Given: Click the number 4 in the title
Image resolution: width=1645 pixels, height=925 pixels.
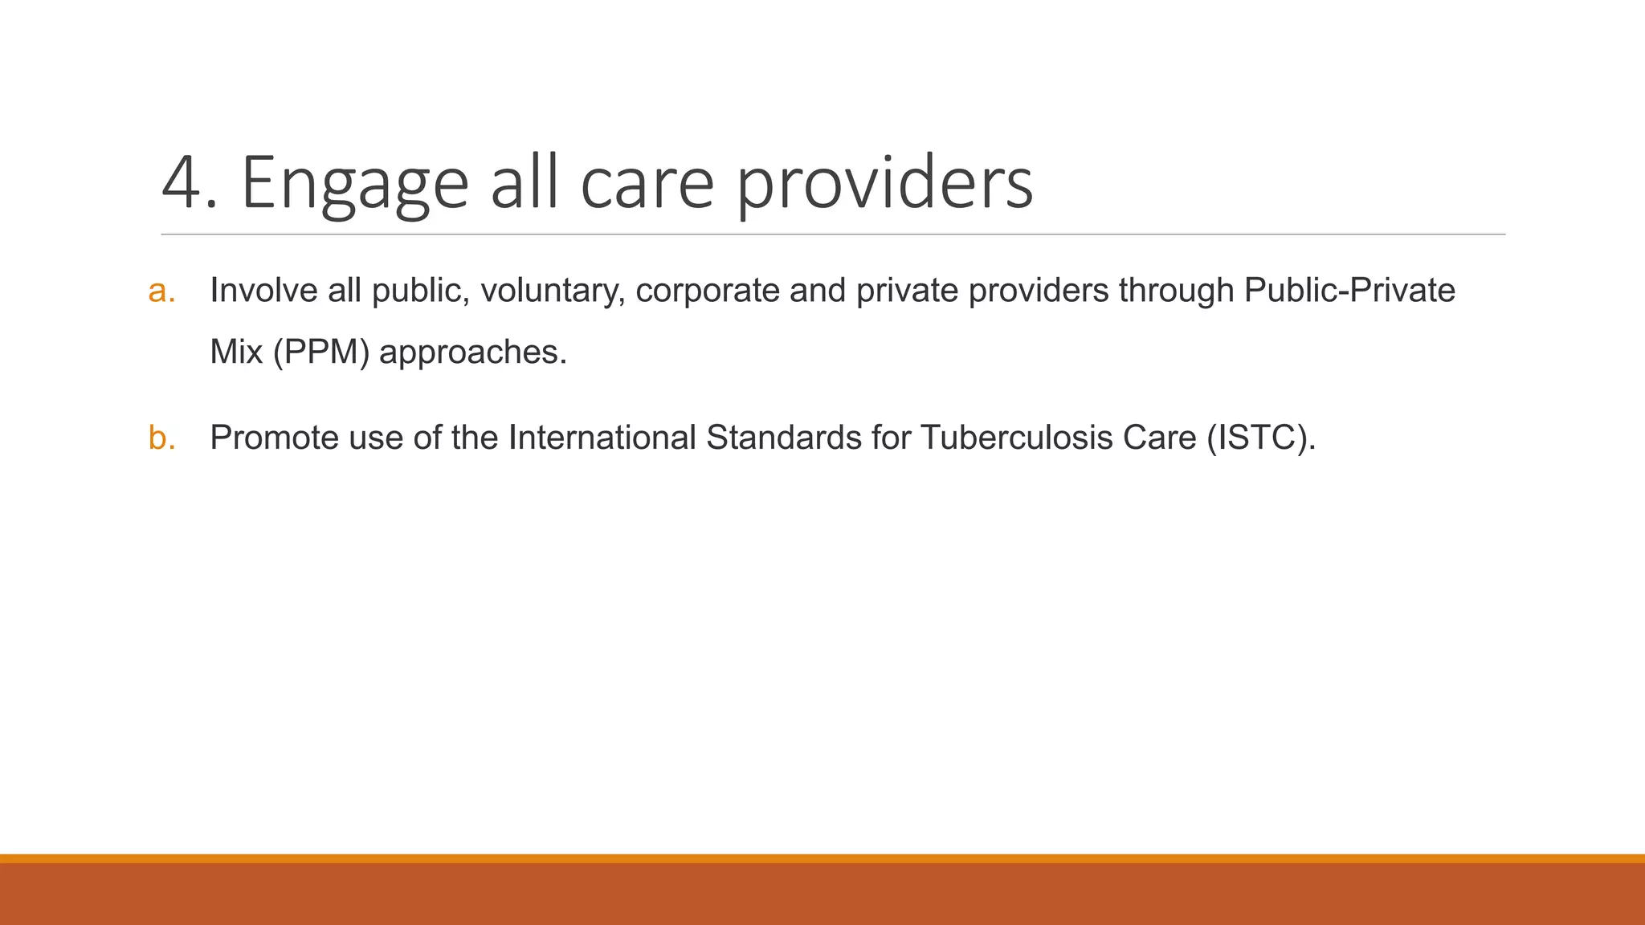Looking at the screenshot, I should (183, 184).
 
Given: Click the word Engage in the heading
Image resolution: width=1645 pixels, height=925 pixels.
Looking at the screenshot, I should (354, 184).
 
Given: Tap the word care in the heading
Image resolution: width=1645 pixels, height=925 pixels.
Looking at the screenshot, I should (647, 184).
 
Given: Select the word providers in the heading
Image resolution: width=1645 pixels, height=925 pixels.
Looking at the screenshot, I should (884, 184).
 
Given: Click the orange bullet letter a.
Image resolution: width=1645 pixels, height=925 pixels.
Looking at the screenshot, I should (161, 291).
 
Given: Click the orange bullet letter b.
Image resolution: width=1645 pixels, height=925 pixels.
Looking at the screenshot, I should (161, 438).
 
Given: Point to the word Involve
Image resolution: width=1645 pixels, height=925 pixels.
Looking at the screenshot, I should (263, 291).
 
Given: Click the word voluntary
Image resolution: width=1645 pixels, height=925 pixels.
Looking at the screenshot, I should (552, 291).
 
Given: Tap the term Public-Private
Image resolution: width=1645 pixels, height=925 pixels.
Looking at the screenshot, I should (1349, 291).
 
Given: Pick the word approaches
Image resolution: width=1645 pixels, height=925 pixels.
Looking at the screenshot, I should (472, 352).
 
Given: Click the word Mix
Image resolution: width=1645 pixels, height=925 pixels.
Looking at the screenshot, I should (236, 352).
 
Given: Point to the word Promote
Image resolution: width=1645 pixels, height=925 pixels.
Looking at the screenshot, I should (274, 438).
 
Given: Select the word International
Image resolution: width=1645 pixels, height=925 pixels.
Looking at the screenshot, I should (602, 438).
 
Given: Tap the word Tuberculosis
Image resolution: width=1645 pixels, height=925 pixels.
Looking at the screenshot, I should (1016, 438).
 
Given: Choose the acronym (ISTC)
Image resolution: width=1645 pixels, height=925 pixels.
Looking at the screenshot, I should (1261, 438).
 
